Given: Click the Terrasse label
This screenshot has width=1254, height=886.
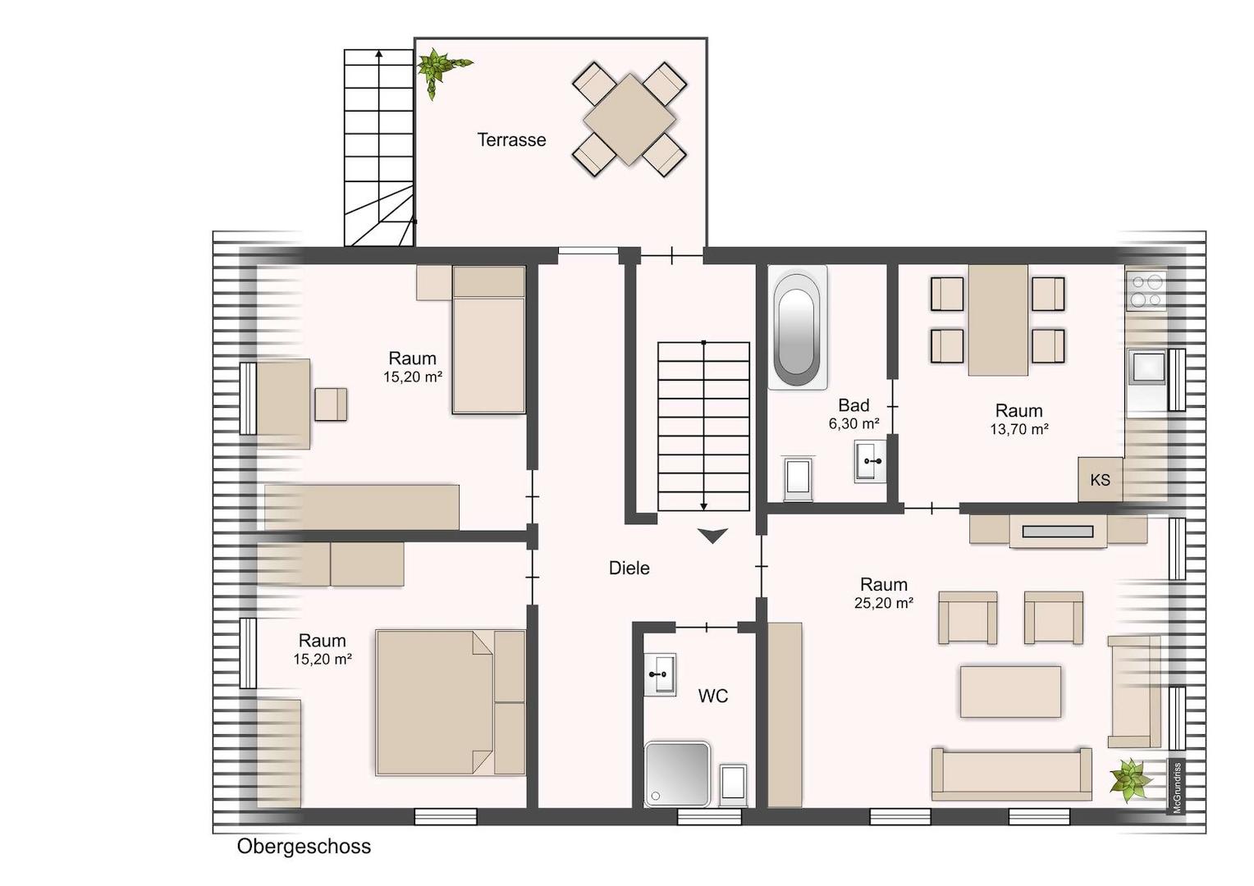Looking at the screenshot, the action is (x=511, y=140).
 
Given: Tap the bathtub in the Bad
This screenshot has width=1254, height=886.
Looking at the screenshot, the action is (x=797, y=327).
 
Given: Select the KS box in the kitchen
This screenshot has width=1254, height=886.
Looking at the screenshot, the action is (x=1101, y=479).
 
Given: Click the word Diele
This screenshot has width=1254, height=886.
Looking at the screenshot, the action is (x=629, y=568).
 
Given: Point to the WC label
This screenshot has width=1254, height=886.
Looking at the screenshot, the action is (x=713, y=696).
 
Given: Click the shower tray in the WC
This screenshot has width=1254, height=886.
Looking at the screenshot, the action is (x=677, y=774).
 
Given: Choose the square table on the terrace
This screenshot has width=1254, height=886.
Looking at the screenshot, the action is (x=629, y=120).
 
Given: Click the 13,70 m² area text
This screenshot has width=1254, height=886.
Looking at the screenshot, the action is (x=1019, y=429).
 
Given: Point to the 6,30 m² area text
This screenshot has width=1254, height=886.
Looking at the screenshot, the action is (x=854, y=423).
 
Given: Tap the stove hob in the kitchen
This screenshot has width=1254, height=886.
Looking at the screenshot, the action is (x=1146, y=291).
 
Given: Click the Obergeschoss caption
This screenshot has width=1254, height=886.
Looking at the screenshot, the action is (x=304, y=847).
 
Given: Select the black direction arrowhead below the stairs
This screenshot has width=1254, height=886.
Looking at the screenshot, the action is (x=712, y=536).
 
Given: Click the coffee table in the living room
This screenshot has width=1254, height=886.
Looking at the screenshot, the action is (x=1010, y=692).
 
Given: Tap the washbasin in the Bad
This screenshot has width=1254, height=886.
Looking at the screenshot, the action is (x=871, y=461).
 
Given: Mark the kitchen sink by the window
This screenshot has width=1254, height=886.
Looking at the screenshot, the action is (x=1146, y=368).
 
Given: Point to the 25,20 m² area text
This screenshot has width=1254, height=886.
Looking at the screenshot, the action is (x=884, y=603).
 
